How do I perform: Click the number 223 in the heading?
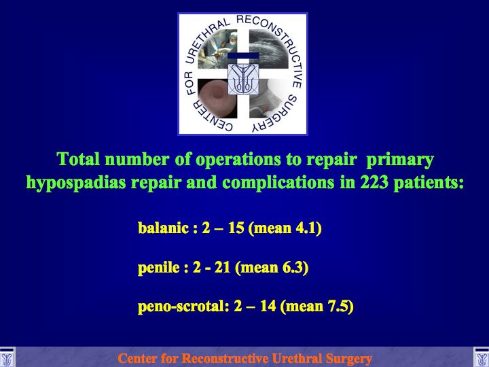(x=374, y=182)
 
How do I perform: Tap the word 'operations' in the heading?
(x=238, y=160)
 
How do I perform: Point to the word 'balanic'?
(x=164, y=228)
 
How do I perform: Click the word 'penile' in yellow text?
(x=159, y=268)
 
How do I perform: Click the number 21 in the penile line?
(x=222, y=268)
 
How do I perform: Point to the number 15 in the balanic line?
(x=236, y=228)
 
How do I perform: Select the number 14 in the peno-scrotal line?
(x=268, y=306)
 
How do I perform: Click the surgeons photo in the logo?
(x=217, y=49)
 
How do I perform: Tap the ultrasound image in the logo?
(x=268, y=49)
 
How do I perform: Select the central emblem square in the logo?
(x=243, y=79)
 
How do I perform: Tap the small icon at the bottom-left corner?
(x=7, y=357)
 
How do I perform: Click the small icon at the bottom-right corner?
(x=482, y=357)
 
